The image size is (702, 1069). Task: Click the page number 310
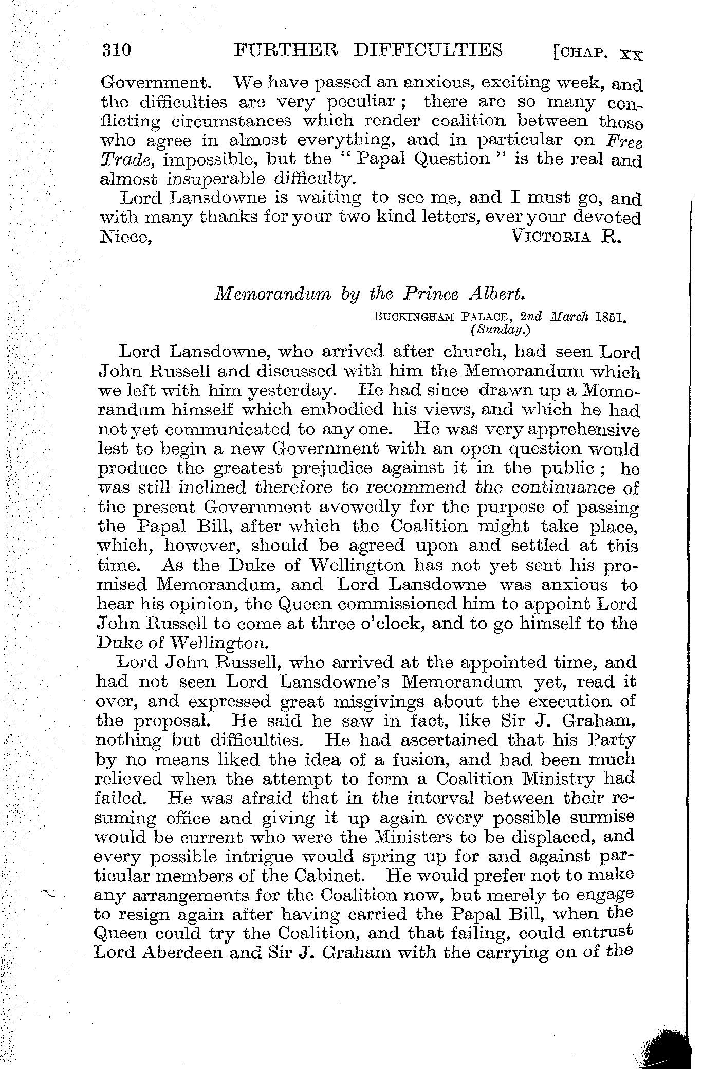click(x=118, y=50)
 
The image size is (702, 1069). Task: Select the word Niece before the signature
click(x=125, y=237)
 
